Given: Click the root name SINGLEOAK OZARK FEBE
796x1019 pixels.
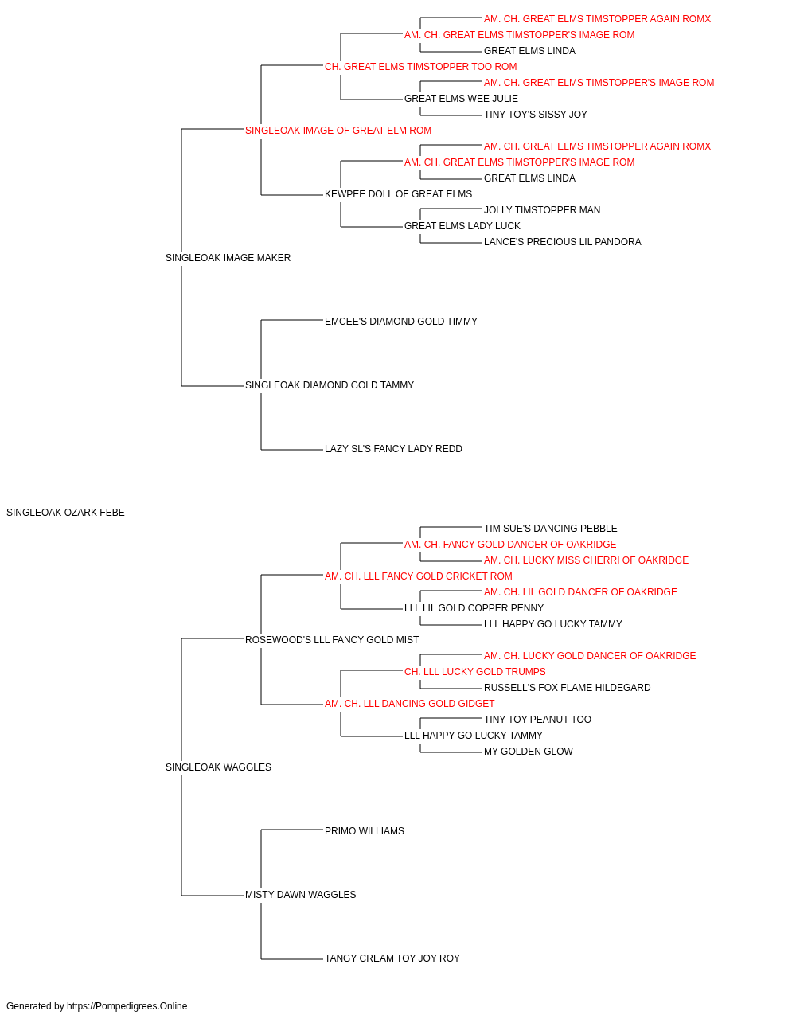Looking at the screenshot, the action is pos(65,513).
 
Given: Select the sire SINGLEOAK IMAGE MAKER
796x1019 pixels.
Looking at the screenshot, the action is pos(228,258).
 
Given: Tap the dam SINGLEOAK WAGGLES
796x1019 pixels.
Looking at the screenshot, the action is pos(218,767).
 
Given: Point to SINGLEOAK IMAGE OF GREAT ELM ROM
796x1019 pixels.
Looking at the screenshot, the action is pos(338,131).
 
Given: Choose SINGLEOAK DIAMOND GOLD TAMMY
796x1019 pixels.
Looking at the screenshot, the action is pos(329,385).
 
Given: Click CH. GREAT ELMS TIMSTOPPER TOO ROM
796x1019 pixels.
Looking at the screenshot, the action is pos(420,67).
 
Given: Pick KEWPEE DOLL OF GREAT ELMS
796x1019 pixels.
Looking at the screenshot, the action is pos(398,194).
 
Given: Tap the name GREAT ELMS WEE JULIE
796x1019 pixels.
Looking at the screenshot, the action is pos(461,99).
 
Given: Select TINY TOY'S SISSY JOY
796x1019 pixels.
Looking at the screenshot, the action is pos(536,115).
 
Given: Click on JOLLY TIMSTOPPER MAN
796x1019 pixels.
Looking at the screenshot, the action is pos(542,210).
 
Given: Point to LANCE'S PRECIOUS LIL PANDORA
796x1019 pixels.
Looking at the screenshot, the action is pos(562,242).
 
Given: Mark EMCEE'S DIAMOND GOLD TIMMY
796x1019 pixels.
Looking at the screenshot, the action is pos(401,322).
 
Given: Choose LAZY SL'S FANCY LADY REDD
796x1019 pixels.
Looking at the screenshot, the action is pos(393,449).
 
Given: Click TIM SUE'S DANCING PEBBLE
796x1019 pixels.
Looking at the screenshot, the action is pos(550,529).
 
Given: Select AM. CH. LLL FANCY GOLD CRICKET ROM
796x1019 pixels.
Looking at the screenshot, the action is pos(418,576).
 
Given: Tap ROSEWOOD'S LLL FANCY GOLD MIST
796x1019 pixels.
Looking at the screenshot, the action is pos(331,640).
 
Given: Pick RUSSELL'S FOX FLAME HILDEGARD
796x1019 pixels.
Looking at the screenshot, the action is pos(567,688).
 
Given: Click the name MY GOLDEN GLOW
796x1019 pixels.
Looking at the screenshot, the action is pos(528,752).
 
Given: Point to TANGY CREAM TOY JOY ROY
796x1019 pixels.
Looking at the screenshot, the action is pos(392,958).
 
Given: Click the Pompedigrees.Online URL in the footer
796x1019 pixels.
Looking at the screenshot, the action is pos(127,1006).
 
